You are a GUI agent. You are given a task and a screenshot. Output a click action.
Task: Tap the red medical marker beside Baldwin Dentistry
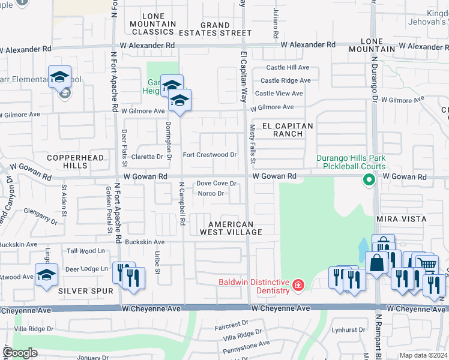point(298,286)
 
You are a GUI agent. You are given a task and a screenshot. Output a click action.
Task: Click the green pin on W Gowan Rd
point(367,179)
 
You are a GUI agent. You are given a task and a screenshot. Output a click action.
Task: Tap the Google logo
point(20,353)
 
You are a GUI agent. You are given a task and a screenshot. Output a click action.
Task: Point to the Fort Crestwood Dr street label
point(209,155)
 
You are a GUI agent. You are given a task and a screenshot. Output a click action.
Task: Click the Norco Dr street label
point(211,193)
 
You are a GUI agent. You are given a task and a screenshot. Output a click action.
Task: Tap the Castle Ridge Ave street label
point(285,80)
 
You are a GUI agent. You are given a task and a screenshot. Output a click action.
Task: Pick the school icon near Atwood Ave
point(46,275)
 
